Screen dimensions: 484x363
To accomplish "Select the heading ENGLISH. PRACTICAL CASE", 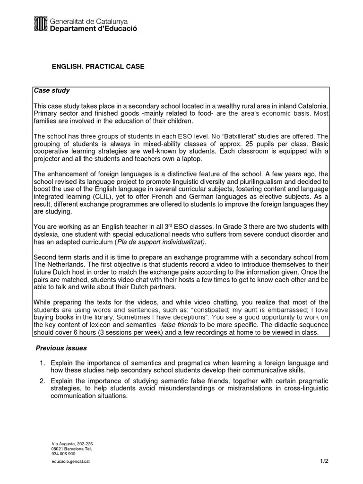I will click(x=98, y=67).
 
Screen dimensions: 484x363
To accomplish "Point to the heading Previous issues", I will click(x=61, y=348).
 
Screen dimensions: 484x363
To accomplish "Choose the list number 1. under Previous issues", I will click(x=42, y=363).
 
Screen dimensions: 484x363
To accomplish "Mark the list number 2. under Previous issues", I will click(x=42, y=381).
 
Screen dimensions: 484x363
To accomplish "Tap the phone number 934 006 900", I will click(x=64, y=453).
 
